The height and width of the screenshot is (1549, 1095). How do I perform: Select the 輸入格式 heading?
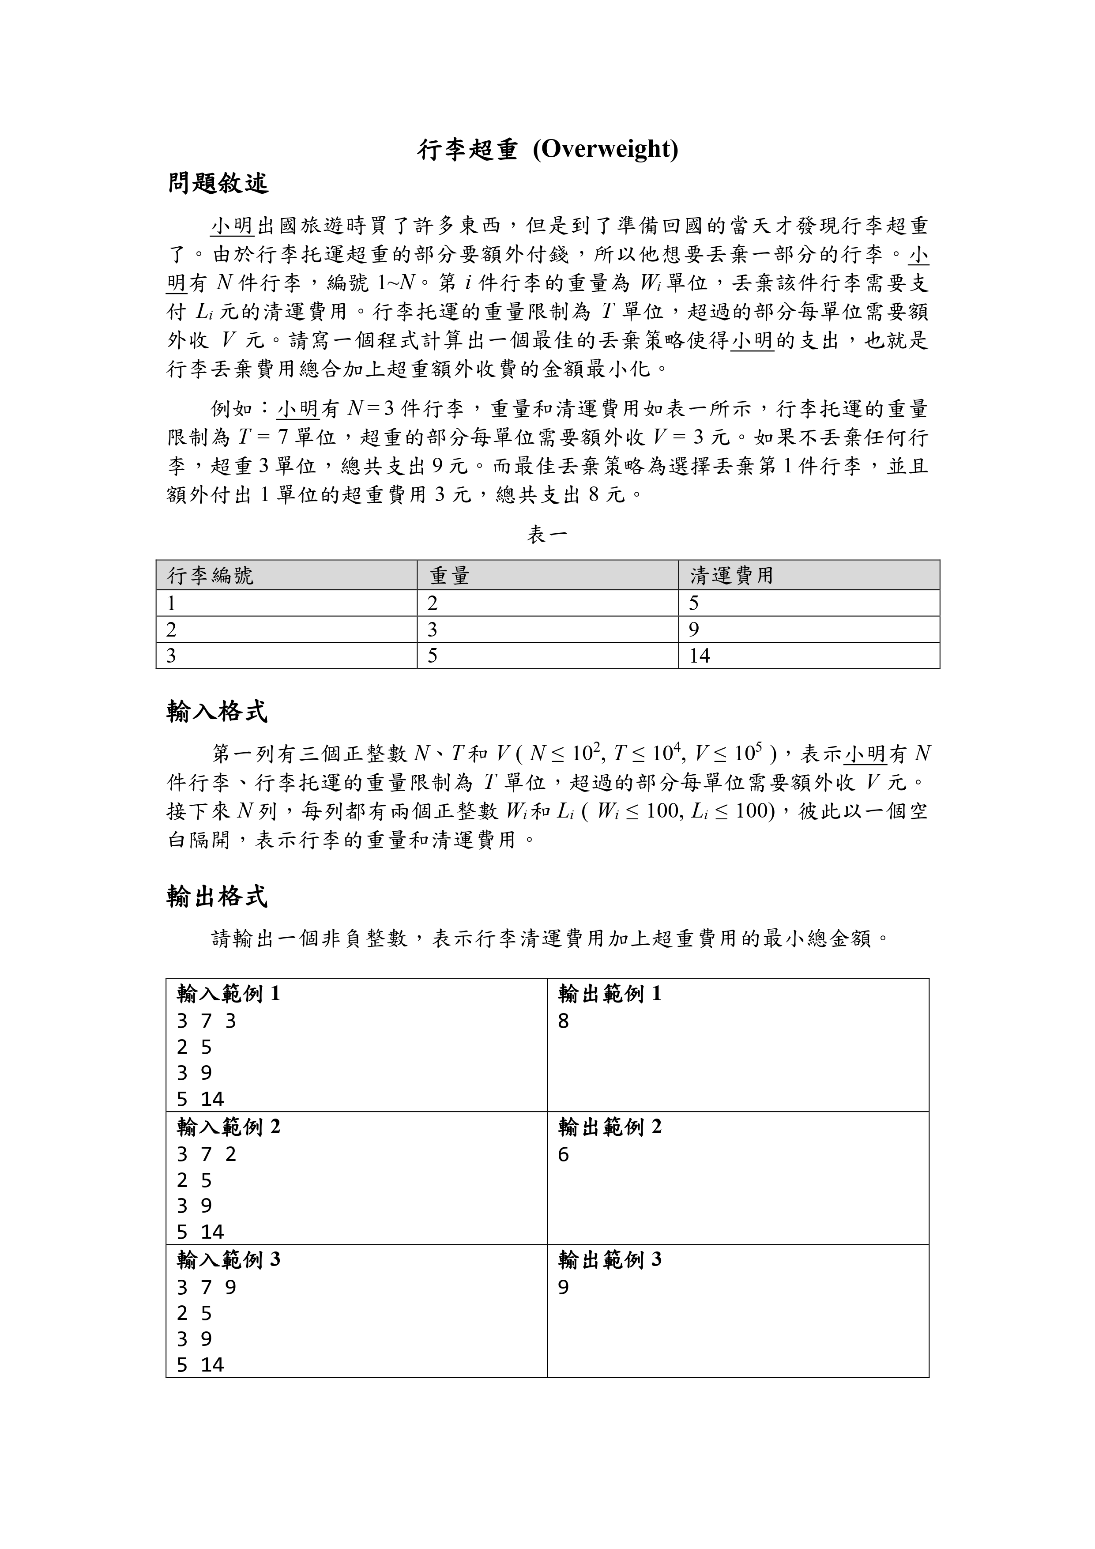[217, 712]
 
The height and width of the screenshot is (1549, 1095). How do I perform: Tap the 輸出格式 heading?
[217, 897]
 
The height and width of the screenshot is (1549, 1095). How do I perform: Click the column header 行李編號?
[211, 576]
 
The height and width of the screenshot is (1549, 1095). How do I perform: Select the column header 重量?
[449, 576]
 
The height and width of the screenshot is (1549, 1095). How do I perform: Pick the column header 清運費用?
[731, 576]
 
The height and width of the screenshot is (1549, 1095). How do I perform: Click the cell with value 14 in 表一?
[700, 656]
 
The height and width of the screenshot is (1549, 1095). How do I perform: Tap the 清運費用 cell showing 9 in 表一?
[694, 629]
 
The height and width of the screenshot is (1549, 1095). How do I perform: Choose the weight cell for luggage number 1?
[433, 603]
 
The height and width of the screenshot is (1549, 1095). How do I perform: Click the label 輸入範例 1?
[229, 993]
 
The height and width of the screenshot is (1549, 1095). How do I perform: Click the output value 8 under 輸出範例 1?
[563, 1021]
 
